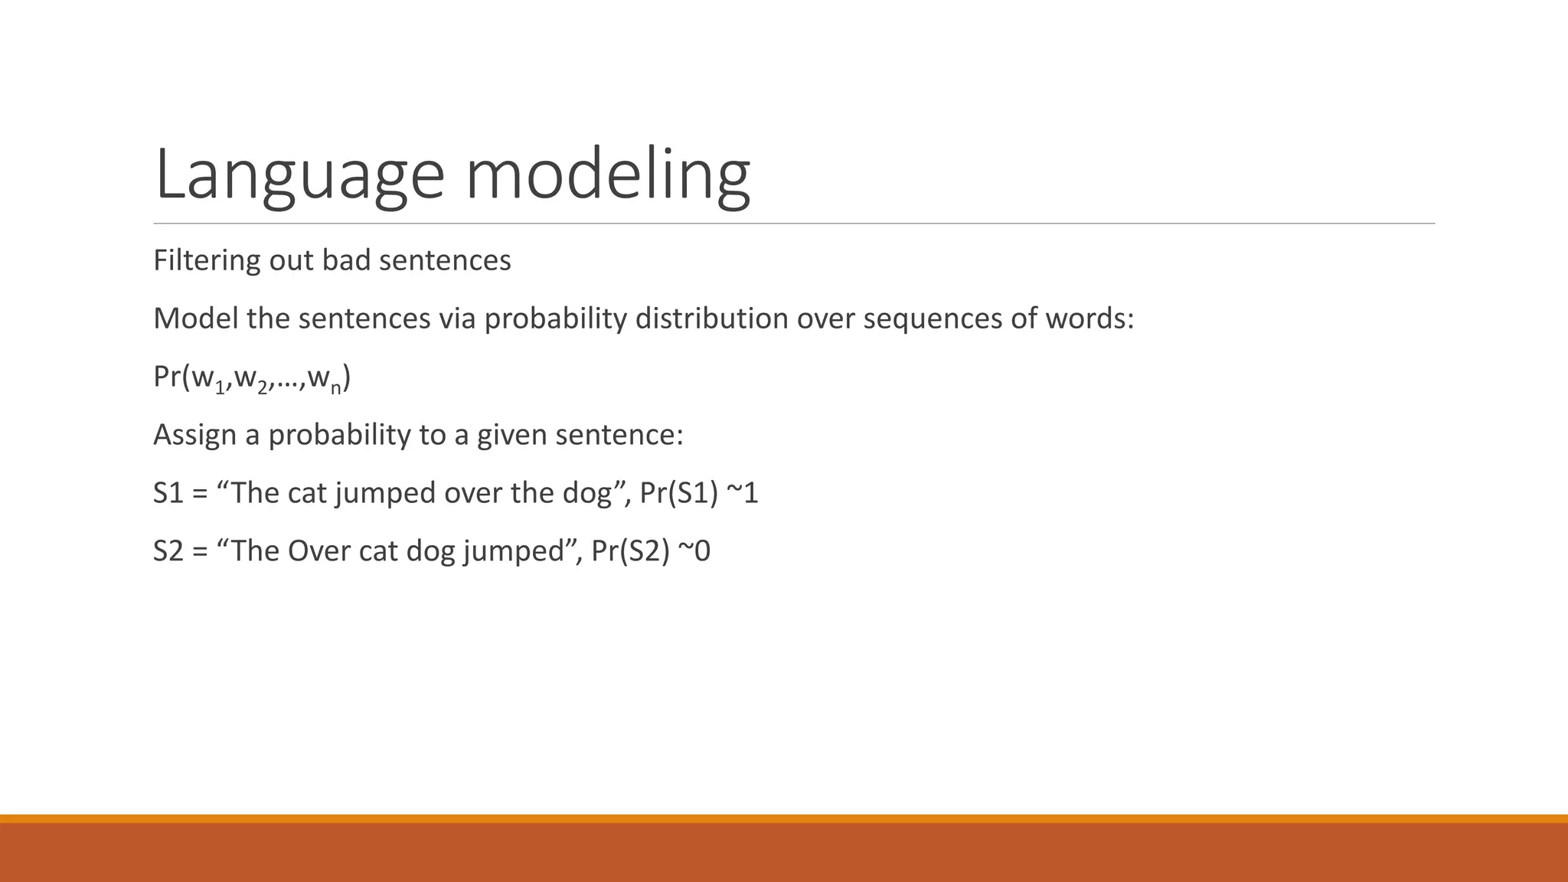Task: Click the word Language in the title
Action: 299,176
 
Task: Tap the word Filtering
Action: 207,261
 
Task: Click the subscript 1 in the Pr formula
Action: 220,388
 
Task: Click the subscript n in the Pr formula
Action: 335,388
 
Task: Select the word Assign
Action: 194,436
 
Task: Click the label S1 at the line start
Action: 168,493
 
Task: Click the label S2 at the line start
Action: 168,551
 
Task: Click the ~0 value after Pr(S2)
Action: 694,551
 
